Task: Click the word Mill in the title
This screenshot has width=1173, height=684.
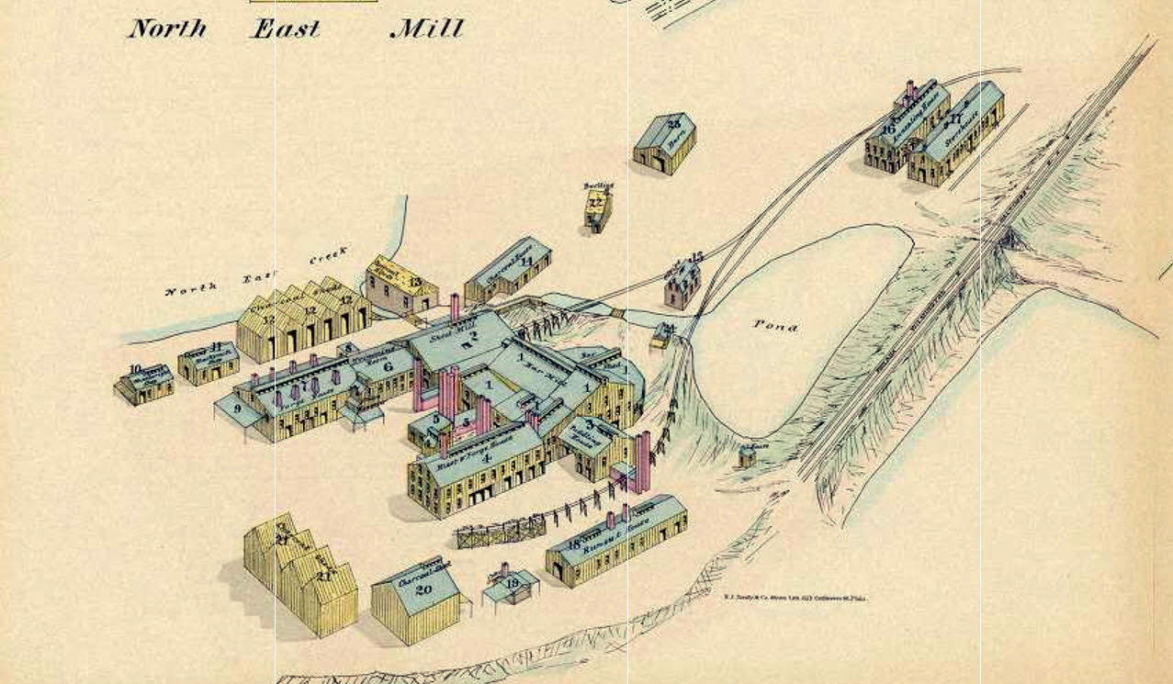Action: pyautogui.click(x=426, y=28)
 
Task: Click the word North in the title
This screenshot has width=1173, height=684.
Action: pyautogui.click(x=166, y=28)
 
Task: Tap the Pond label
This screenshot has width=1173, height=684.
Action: pyautogui.click(x=775, y=325)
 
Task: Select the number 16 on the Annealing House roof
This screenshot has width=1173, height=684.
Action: pyautogui.click(x=887, y=129)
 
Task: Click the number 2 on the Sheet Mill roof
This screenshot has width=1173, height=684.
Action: pyautogui.click(x=476, y=343)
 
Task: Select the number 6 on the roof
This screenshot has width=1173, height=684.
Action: pyautogui.click(x=387, y=365)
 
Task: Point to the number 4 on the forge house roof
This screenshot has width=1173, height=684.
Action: pyautogui.click(x=487, y=457)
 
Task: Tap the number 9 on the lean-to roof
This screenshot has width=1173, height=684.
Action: pyautogui.click(x=237, y=409)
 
